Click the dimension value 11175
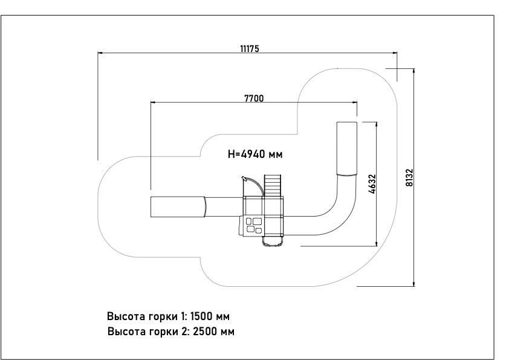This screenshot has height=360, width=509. point(248,48)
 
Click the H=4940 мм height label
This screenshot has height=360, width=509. point(255,154)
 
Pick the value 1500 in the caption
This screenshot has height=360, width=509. point(203,316)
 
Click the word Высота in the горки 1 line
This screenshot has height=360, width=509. point(125,316)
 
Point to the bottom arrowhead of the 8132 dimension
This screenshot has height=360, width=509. point(413,282)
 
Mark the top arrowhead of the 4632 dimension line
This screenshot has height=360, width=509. point(376,123)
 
